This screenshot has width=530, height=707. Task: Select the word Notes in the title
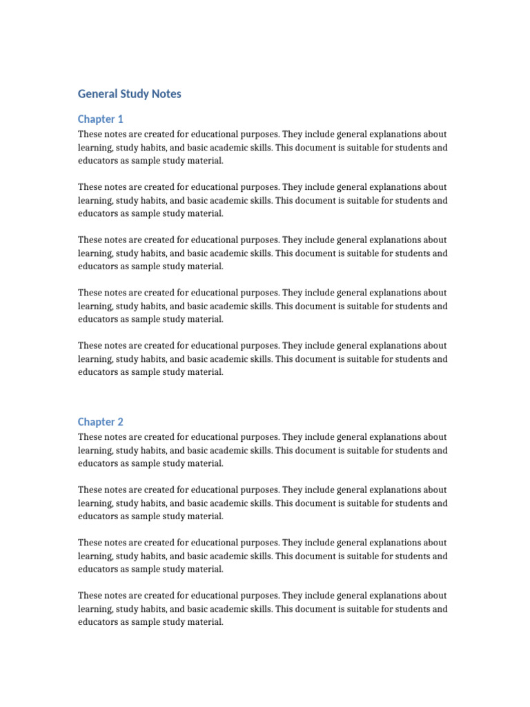point(166,94)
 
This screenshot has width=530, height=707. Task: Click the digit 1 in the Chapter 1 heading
point(120,119)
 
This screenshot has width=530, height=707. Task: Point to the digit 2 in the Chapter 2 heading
point(120,422)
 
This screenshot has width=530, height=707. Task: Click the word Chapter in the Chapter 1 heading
point(96,119)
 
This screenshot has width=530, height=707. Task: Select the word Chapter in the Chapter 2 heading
point(96,422)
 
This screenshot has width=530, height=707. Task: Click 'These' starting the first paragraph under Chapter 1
point(90,135)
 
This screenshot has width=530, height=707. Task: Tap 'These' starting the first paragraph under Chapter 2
point(90,437)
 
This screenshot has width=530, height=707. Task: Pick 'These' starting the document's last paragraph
point(90,596)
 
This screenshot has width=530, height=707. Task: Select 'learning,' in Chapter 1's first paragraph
point(95,148)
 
